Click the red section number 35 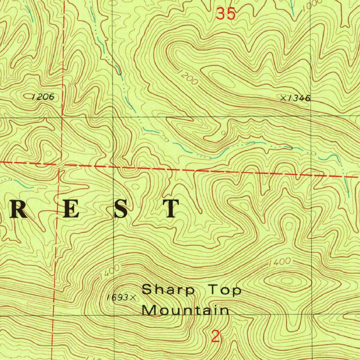[x=225, y=14]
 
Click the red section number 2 [x=216, y=337]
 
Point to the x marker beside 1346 [x=283, y=98]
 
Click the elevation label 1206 [x=43, y=97]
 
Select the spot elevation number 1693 [x=117, y=298]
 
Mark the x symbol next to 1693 [x=133, y=298]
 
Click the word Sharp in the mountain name [x=168, y=290]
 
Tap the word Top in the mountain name [x=225, y=290]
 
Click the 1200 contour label [x=188, y=77]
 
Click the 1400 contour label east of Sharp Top [x=280, y=262]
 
